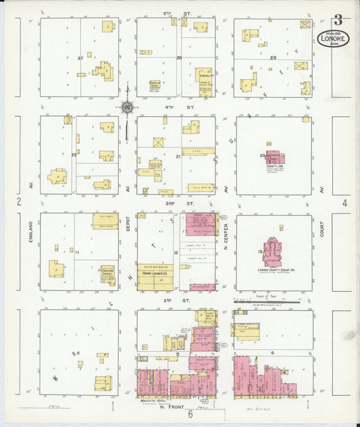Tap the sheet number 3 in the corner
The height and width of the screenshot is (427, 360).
pos(336,20)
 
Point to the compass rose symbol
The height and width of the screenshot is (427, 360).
pos(126,107)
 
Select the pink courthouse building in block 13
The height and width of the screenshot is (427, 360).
pos(274,250)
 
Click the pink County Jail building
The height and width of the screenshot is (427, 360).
pos(274,158)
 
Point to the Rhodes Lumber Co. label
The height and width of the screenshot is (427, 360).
pos(155,275)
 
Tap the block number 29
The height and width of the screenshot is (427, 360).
pos(273,59)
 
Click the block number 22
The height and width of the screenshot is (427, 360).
pos(74,154)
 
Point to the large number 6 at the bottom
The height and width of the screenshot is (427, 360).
pos(190,415)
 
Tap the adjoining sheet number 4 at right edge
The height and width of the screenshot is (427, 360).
pos(344,202)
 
